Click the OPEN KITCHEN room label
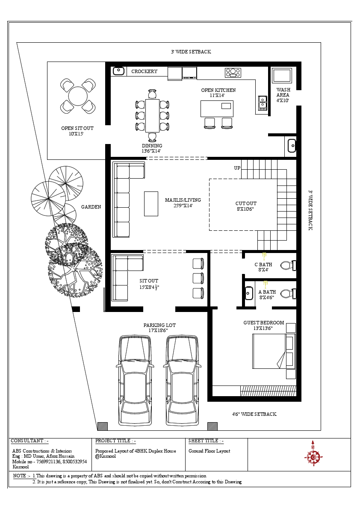(218, 92)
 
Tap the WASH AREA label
(283, 95)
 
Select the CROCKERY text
(144, 71)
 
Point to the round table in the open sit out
(78, 96)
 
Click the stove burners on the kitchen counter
(233, 73)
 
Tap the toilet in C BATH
(288, 265)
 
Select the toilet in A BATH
(288, 294)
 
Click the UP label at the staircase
(237, 168)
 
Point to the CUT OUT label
(246, 206)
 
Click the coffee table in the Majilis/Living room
(151, 203)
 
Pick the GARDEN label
(91, 207)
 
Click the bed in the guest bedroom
(274, 351)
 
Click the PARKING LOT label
(159, 327)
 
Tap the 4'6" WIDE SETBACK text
(254, 414)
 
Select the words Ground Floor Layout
(210, 451)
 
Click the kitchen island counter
(217, 109)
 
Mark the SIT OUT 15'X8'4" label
(149, 284)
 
